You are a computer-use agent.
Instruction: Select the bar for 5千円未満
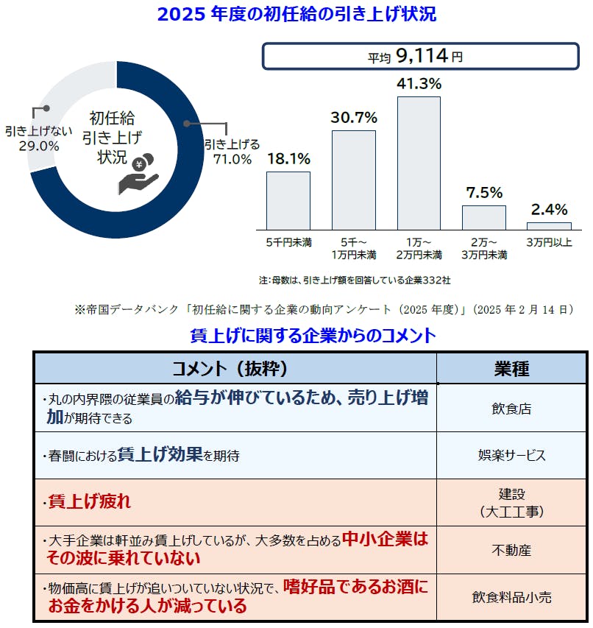click(288, 200)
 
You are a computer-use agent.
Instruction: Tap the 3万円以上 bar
click(549, 225)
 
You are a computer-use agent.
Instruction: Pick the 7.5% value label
click(484, 193)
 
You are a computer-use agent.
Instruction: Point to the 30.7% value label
click(354, 117)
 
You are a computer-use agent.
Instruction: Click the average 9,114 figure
click(427, 55)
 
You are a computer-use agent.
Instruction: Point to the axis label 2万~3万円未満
click(484, 248)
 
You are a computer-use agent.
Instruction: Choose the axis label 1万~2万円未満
click(419, 248)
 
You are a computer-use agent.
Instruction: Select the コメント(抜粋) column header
click(235, 368)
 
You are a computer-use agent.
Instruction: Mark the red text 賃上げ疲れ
click(89, 502)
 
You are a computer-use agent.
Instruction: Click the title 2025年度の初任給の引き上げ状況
click(296, 13)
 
